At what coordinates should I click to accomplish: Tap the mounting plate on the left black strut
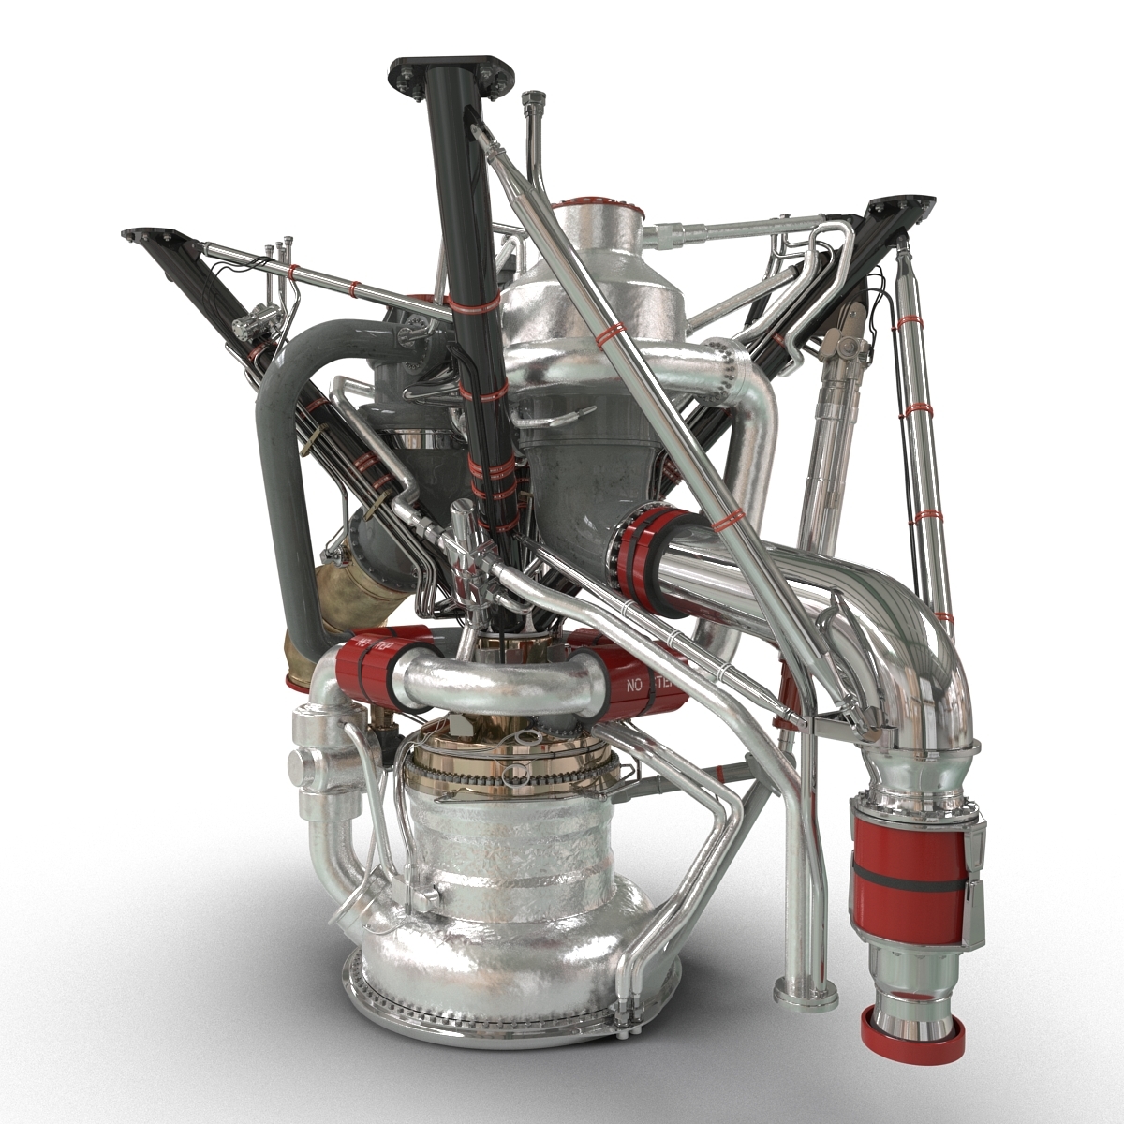(147, 235)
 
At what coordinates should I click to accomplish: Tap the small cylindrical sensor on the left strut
(248, 323)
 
